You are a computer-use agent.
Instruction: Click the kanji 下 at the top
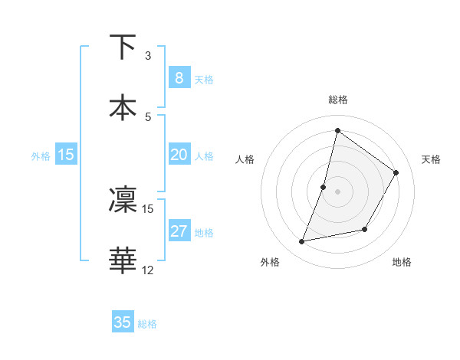[123, 47]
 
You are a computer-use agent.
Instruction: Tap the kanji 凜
[123, 200]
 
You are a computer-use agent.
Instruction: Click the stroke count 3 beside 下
[148, 56]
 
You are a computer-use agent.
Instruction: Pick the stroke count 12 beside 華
[148, 270]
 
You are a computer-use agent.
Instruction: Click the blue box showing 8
[179, 77]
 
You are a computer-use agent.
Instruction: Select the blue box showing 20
[179, 155]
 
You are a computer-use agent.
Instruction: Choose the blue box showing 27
[179, 231]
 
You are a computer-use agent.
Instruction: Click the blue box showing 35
[123, 322]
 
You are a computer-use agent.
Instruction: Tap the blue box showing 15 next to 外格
[66, 155]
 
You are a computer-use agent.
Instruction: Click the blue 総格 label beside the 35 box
[147, 324]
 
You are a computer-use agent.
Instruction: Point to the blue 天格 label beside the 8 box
[204, 79]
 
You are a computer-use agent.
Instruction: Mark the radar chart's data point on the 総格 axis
[337, 130]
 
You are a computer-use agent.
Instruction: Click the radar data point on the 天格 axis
[396, 172]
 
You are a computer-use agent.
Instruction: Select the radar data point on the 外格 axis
[302, 242]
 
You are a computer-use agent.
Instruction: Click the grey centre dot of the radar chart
[337, 191]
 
